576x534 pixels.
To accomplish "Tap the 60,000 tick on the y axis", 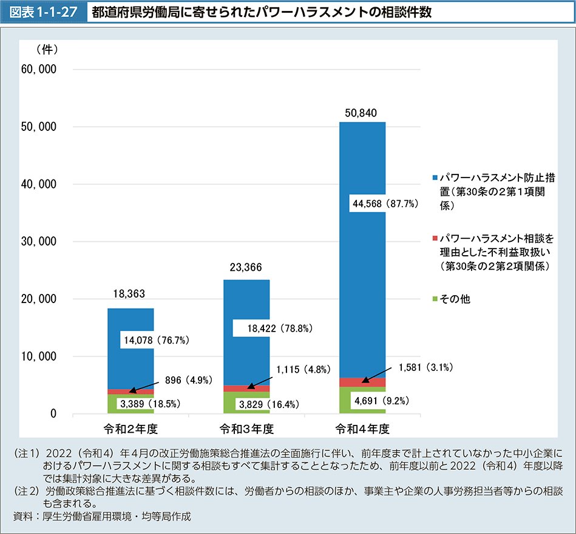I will click(38, 69).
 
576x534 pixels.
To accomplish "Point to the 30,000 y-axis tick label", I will click(38, 242).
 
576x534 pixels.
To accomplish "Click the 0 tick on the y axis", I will click(53, 415).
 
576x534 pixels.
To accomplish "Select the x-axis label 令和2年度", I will click(130, 429).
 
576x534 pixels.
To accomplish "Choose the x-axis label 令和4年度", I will click(362, 429).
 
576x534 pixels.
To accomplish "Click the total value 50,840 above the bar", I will click(362, 113).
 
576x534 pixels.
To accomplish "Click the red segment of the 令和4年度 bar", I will click(362, 382).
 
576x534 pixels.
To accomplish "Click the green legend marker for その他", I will click(435, 299).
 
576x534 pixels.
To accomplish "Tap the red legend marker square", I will click(435, 238).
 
